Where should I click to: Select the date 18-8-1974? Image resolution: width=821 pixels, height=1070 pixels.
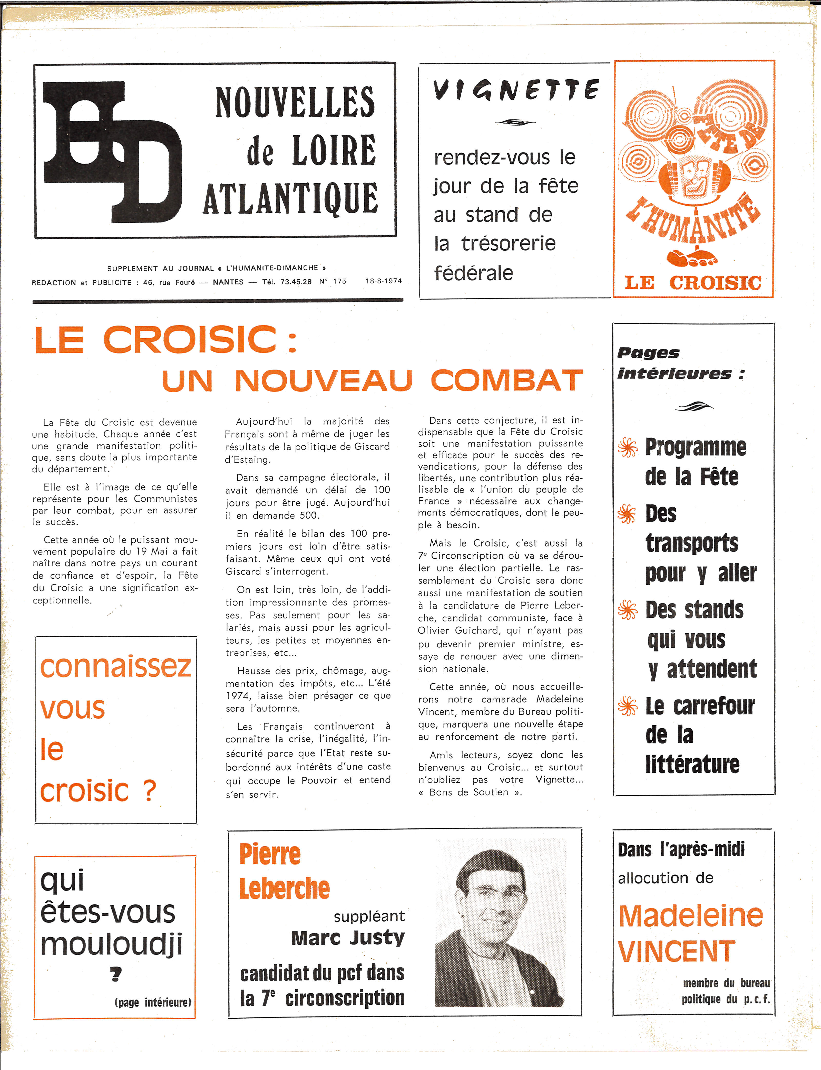[384, 281]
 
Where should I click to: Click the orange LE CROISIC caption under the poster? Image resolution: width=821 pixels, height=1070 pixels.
[693, 283]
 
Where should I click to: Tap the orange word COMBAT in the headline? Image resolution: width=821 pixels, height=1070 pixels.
[507, 380]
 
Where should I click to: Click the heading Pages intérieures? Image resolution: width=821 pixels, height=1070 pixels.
[679, 363]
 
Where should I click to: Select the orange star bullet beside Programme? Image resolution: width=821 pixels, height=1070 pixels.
[628, 447]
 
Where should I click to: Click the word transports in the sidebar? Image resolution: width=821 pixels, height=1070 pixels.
[691, 543]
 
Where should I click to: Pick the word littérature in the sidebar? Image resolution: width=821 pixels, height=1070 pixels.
[692, 764]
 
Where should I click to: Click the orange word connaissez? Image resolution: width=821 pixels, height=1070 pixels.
[115, 666]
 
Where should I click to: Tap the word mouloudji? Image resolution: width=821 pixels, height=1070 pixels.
[111, 944]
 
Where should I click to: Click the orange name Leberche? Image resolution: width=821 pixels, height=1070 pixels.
[285, 889]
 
